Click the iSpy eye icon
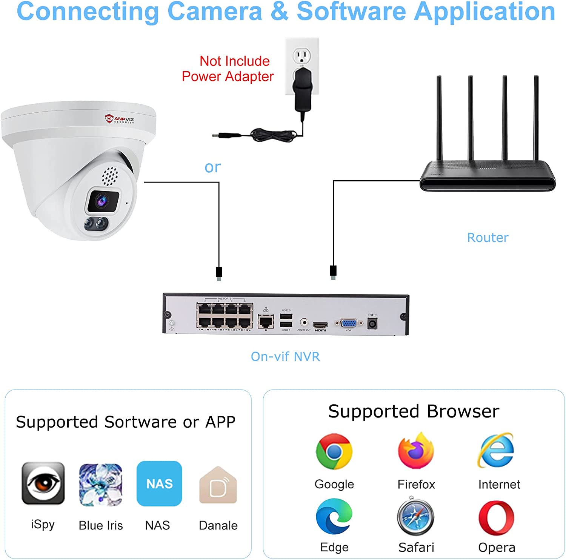pos(43,483)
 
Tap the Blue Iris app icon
pos(101,485)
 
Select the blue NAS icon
pos(159,483)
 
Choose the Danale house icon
pos(218,486)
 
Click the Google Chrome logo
pos(334,451)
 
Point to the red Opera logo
pos(496,518)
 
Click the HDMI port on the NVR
pos(320,325)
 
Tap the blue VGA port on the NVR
pos(348,323)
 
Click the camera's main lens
pos(103,201)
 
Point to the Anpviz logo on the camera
pos(120,119)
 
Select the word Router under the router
pos(488,238)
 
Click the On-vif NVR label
pos(285,356)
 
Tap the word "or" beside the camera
pos(212,167)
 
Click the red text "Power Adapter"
pos(228,77)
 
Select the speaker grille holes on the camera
pos(110,176)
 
